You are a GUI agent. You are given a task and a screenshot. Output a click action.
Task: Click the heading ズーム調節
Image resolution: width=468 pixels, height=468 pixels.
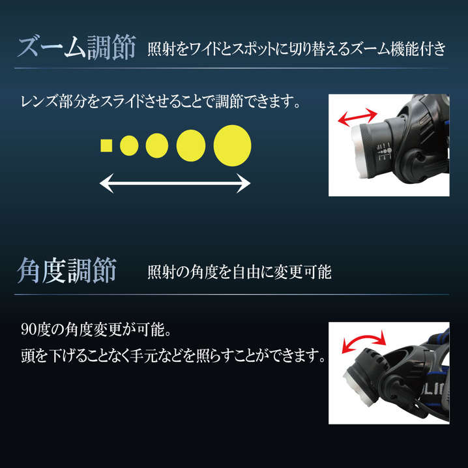click(x=77, y=47)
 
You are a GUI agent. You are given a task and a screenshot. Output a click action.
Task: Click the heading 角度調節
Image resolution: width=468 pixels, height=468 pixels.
click(x=67, y=271)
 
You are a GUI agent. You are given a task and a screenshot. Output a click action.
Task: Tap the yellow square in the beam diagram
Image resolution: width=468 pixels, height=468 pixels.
click(x=106, y=145)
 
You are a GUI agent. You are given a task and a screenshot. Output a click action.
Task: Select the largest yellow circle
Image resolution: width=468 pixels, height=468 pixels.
click(x=233, y=145)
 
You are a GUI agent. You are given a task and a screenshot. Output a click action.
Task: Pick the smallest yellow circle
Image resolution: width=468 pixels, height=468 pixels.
click(x=129, y=145)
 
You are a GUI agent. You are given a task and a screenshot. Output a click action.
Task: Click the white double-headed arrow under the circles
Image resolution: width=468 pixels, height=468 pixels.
click(x=175, y=183)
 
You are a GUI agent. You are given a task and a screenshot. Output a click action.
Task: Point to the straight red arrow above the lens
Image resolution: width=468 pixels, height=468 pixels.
click(x=358, y=117)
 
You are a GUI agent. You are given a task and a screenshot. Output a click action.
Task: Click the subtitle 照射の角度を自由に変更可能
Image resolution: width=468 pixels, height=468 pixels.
click(x=239, y=272)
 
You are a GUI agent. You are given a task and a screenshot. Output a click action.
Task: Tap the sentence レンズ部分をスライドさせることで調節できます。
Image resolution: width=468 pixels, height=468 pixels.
click(x=160, y=102)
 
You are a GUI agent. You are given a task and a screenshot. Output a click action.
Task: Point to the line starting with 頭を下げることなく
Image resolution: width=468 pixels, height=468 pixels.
click(x=173, y=355)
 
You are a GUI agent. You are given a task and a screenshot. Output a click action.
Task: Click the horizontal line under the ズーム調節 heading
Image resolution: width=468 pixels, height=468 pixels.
click(x=231, y=68)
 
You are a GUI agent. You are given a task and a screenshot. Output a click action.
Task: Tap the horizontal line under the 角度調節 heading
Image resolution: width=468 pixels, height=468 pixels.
click(x=231, y=295)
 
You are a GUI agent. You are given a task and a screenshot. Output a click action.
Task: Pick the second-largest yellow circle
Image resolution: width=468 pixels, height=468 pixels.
click(x=191, y=145)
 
